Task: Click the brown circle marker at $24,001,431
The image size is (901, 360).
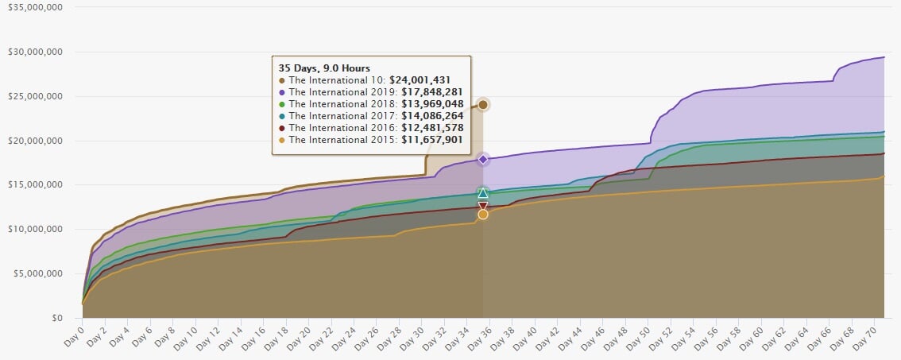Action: click(x=482, y=105)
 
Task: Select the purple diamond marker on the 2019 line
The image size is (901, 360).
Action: click(x=482, y=160)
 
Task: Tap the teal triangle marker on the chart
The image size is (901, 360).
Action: click(x=482, y=193)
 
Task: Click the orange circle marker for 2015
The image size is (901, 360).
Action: click(x=482, y=215)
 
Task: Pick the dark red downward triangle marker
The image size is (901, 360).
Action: click(x=482, y=207)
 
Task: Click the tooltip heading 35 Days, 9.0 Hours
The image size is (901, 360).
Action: click(x=323, y=68)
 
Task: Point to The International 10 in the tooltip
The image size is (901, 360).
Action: click(x=336, y=80)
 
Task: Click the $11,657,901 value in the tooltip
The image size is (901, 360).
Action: click(x=430, y=140)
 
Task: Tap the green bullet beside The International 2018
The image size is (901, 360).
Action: click(x=282, y=104)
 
